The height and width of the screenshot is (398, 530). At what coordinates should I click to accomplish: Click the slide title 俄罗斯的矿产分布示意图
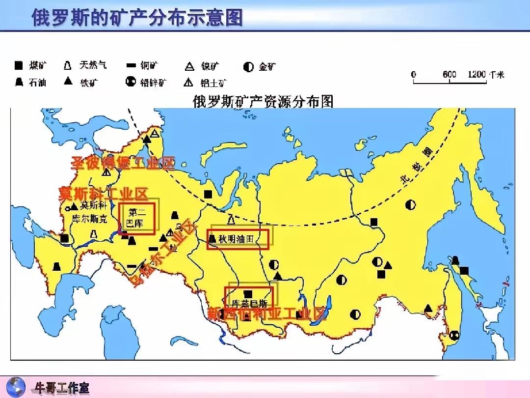coord(137,17)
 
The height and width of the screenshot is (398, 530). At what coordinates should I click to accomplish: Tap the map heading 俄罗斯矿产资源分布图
coord(264,101)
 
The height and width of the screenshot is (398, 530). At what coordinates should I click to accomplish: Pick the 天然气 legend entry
coord(86,65)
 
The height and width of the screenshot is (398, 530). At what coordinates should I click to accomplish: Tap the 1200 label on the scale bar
coord(477,75)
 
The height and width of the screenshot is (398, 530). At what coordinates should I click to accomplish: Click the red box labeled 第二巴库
coord(137,219)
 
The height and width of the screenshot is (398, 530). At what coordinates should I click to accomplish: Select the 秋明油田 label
coord(238,239)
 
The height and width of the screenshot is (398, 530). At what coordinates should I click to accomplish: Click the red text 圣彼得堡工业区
coord(123,164)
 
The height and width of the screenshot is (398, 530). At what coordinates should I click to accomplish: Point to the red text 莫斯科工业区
coord(103,193)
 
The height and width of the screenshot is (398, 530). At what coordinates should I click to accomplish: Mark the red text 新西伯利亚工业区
coord(266,313)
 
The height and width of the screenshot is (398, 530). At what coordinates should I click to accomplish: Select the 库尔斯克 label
coord(89,219)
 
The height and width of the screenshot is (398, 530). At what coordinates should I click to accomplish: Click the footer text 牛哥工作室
coord(61,387)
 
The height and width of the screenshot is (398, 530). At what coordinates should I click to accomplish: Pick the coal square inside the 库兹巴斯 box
coord(248,293)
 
